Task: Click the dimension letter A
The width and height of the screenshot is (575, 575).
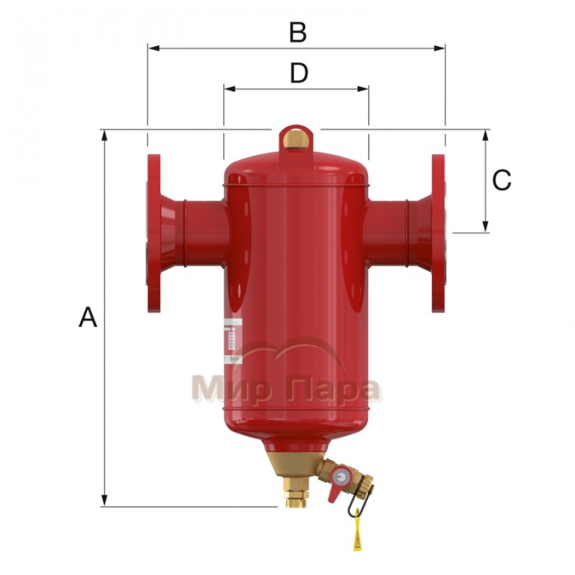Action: (x=88, y=317)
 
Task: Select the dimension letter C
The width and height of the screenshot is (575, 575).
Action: (x=501, y=180)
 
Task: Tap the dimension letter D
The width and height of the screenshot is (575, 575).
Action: (x=298, y=74)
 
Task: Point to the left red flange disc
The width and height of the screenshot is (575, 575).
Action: (x=153, y=233)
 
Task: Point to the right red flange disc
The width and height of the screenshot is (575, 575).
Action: (x=438, y=233)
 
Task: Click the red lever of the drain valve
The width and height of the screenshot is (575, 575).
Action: (x=335, y=490)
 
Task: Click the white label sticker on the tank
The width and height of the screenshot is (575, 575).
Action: (x=232, y=339)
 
